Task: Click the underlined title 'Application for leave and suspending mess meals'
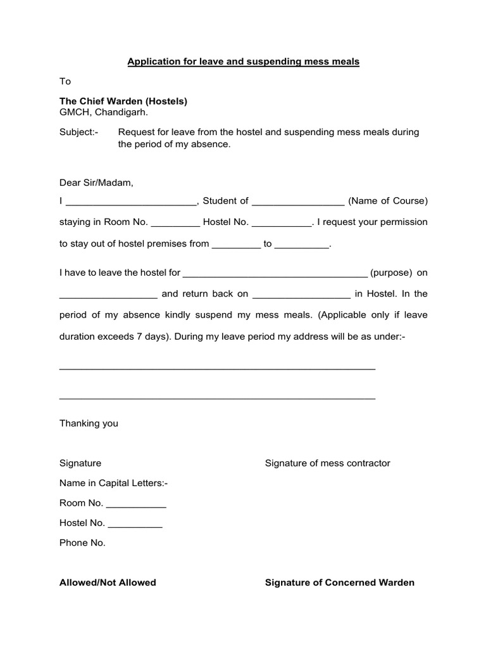(244, 61)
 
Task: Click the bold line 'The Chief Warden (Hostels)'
(123, 101)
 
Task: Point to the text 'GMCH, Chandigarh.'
(104, 112)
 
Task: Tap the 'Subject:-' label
(78, 132)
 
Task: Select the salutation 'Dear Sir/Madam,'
(97, 183)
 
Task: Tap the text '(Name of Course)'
(387, 201)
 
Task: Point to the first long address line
(217, 368)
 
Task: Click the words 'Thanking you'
(89, 423)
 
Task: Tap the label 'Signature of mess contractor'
(327, 463)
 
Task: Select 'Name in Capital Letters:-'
(114, 483)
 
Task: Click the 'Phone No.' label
(82, 543)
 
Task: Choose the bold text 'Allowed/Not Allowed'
(108, 582)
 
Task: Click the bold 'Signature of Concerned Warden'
(339, 582)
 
